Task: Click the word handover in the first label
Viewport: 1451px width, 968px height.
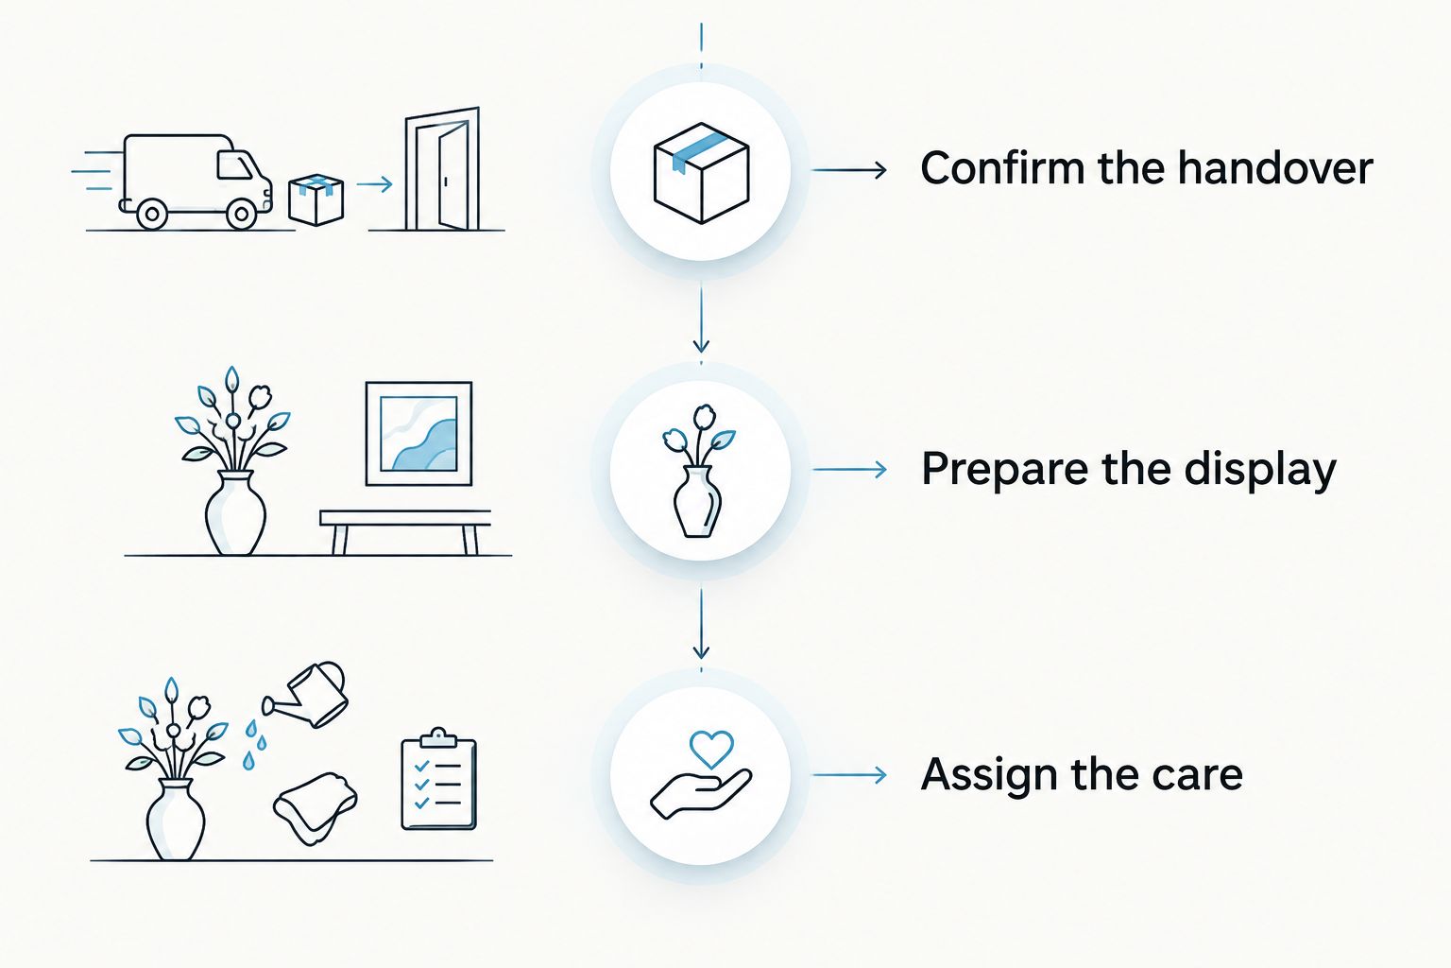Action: (x=1274, y=168)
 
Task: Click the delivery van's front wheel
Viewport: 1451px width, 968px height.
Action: (x=241, y=213)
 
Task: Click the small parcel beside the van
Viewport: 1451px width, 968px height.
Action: (x=316, y=199)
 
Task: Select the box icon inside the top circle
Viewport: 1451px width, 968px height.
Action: (x=701, y=173)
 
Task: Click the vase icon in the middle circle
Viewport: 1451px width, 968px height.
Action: (x=698, y=472)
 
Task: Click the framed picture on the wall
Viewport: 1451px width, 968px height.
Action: (x=418, y=433)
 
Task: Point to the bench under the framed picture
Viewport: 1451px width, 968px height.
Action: (x=405, y=531)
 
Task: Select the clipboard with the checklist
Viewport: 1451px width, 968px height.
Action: (x=439, y=779)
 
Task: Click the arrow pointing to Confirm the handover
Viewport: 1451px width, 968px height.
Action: (x=849, y=170)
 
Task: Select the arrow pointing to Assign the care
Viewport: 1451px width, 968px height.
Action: (x=849, y=775)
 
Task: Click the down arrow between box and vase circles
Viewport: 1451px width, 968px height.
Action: (x=701, y=319)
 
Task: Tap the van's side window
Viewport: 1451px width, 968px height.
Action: (x=234, y=164)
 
